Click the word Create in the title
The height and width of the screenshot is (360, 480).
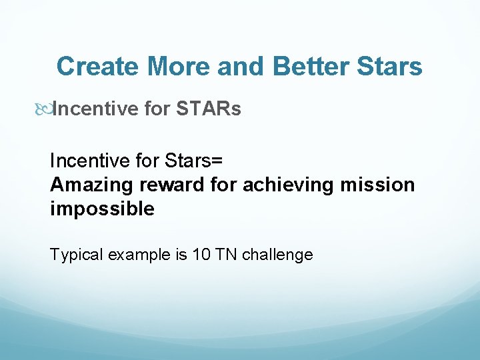97,66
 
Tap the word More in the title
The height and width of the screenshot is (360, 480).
179,66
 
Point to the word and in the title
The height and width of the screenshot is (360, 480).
241,66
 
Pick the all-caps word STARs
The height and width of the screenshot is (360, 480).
209,109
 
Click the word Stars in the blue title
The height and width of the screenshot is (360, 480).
390,66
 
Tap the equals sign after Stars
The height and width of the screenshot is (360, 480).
217,161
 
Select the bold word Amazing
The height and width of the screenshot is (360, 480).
91,185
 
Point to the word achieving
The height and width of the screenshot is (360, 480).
288,185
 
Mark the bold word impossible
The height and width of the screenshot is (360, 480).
102,209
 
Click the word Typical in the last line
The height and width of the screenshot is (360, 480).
76,255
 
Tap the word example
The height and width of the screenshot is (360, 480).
139,255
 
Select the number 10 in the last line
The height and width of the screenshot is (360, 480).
201,255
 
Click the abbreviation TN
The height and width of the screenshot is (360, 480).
226,255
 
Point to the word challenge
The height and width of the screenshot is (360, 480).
277,255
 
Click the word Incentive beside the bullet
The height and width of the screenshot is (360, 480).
95,109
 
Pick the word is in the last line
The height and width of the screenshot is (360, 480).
181,255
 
